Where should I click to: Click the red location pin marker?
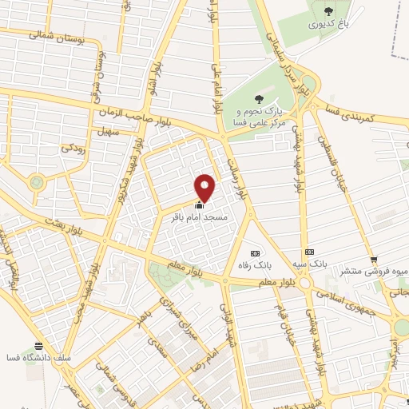tap(206, 187)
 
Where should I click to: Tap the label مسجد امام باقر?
tap(201, 216)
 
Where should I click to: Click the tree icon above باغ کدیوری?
tap(329, 10)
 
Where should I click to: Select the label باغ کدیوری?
tap(328, 25)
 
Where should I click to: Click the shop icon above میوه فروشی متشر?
tap(374, 258)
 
